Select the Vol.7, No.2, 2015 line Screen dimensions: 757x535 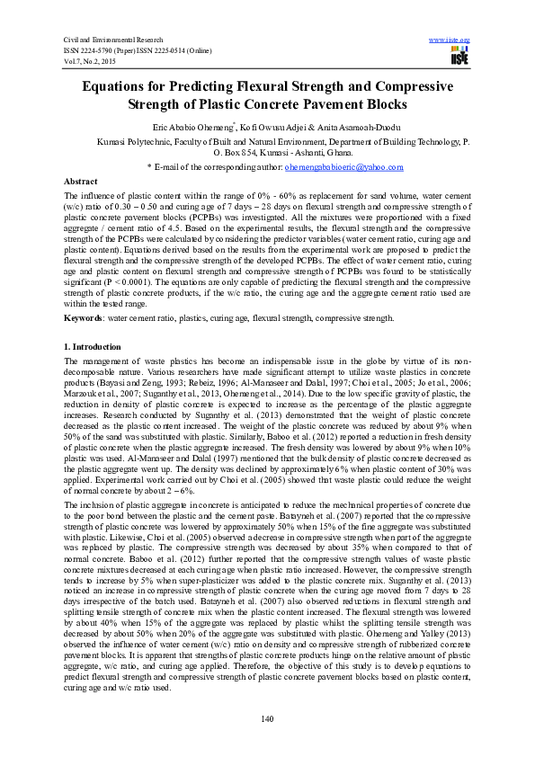90,60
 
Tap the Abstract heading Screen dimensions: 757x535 81,181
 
